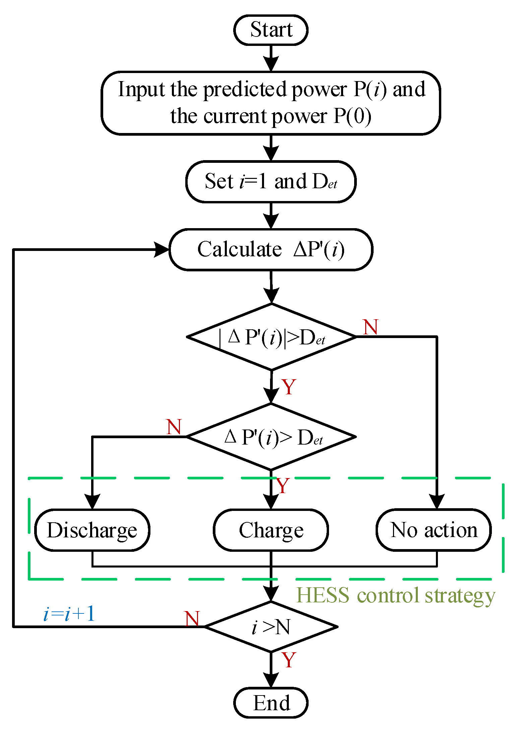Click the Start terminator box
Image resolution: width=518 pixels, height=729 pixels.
pyautogui.click(x=271, y=30)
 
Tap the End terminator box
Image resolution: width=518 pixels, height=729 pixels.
pyautogui.click(x=271, y=703)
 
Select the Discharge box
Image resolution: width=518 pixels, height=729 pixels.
pyautogui.click(x=92, y=530)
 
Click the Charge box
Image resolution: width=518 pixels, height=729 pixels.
pyautogui.click(x=271, y=530)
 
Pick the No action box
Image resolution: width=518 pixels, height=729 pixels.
pyautogui.click(x=434, y=530)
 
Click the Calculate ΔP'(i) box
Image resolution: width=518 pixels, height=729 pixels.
pyautogui.click(x=271, y=250)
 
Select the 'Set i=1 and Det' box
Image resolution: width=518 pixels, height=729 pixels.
pyautogui.click(x=271, y=182)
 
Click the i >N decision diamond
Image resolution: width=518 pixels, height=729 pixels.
pyautogui.click(x=271, y=626)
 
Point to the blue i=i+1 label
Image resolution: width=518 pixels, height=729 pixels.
pyautogui.click(x=69, y=614)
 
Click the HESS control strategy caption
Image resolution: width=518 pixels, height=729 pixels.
pyautogui.click(x=395, y=595)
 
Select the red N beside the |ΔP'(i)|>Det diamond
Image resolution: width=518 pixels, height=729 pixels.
pyautogui.click(x=371, y=327)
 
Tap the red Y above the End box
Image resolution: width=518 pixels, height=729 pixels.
pyautogui.click(x=288, y=660)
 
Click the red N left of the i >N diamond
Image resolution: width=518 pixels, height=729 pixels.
pyautogui.click(x=192, y=618)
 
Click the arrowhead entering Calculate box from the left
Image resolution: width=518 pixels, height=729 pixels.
pyautogui.click(x=162, y=250)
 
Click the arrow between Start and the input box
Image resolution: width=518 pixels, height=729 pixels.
pyautogui.click(x=271, y=59)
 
